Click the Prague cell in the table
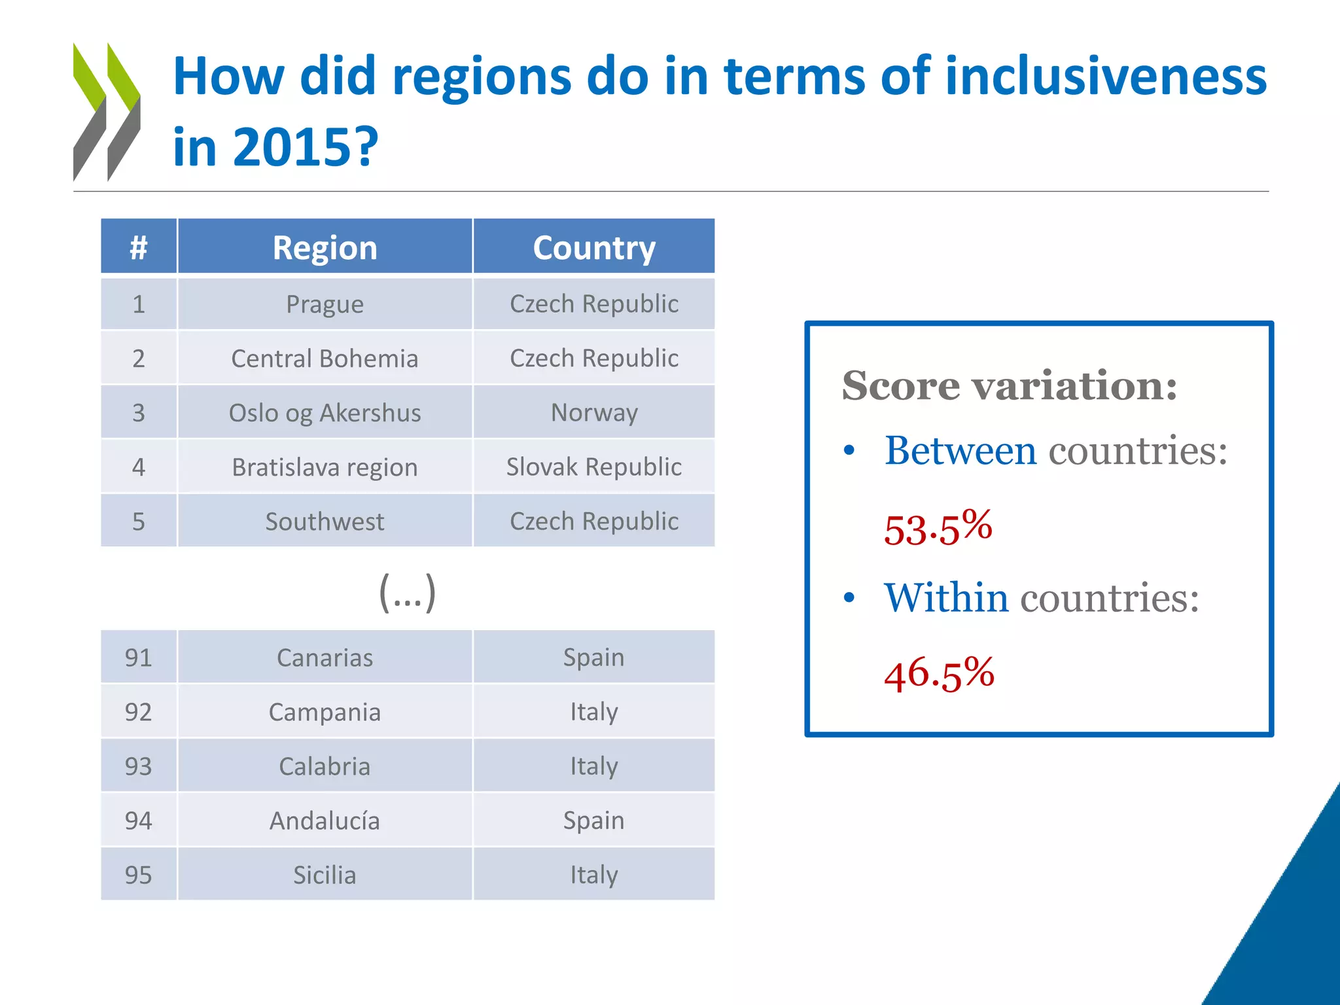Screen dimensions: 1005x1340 325,304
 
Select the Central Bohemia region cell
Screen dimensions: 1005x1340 325,359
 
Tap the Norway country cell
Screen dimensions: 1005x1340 593,413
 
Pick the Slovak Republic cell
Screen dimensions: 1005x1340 593,467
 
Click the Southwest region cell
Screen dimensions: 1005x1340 325,521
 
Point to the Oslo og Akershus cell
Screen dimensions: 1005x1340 325,413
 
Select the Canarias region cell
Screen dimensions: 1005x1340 325,658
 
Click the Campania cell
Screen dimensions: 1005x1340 325,712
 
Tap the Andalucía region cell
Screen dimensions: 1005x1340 325,820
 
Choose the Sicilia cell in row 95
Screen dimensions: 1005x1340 325,875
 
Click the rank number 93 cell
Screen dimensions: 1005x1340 138,766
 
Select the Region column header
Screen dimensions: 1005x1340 325,247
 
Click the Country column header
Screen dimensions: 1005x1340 593,247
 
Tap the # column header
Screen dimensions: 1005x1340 138,247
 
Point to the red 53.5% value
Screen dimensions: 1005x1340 938,527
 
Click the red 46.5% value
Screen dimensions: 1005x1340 939,673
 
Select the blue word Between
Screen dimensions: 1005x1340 960,451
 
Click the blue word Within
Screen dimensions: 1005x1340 946,597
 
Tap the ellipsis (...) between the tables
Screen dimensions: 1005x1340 407,593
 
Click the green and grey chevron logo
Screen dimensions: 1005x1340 107,111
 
